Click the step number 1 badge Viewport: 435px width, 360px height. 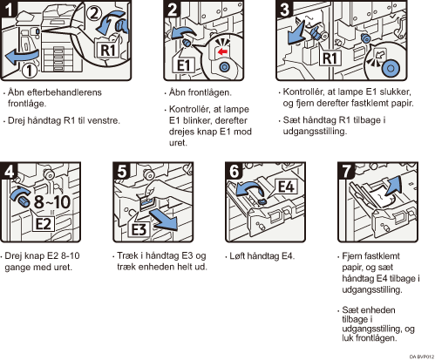8,8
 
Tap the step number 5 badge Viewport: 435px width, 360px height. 121,171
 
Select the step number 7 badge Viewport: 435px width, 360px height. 346,171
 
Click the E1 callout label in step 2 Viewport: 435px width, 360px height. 184,65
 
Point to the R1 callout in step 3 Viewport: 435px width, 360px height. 330,58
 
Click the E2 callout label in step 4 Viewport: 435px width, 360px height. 43,223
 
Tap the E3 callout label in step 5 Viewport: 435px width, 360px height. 139,230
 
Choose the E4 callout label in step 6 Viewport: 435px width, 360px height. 286,187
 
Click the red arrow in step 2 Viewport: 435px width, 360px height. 222,52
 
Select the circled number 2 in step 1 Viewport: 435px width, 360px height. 93,13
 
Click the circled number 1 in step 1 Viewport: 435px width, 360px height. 29,71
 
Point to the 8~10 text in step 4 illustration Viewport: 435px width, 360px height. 52,201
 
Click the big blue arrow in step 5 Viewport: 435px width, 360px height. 164,220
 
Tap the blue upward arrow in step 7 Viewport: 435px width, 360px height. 394,185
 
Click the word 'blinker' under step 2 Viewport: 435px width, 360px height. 198,120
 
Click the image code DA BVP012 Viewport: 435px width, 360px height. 422,357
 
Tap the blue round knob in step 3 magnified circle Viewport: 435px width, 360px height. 391,69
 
